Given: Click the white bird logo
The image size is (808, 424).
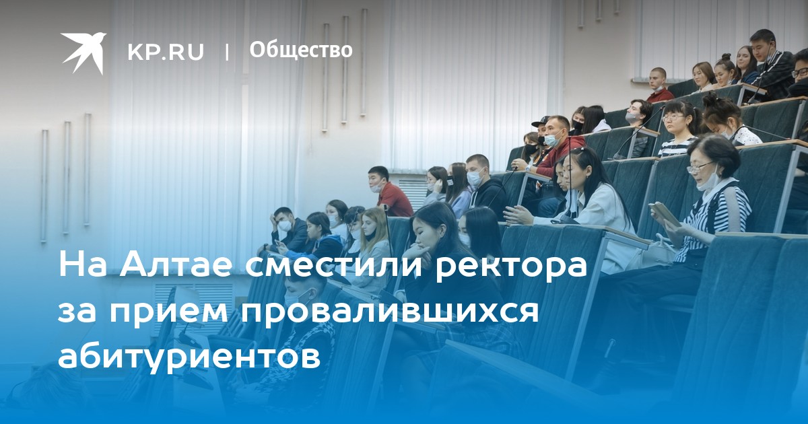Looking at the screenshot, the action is click(83, 52).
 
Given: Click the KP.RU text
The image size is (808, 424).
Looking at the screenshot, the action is click(166, 52).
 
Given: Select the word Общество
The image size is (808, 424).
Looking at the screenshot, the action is click(301, 50).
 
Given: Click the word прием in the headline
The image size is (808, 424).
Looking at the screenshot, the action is click(169, 313).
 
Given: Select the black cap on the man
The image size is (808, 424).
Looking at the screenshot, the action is click(540, 120).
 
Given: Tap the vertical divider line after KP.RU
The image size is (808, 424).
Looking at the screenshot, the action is click(227, 52).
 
